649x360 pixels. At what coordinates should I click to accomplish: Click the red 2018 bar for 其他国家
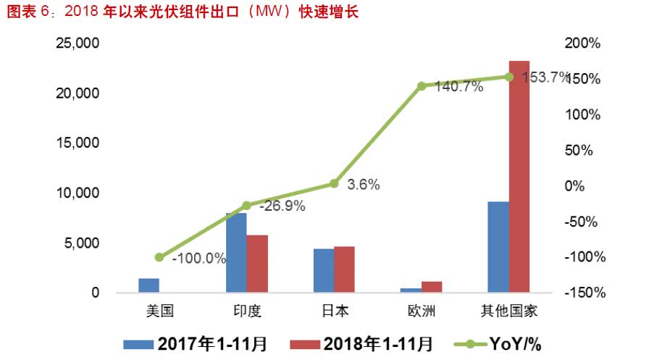tap(519, 177)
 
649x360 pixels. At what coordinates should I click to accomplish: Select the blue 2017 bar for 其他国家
tap(498, 247)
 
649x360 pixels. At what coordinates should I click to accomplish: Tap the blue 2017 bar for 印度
tap(237, 253)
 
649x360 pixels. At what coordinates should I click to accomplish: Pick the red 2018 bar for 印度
tap(257, 264)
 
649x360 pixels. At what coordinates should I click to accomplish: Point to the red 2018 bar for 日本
tap(345, 269)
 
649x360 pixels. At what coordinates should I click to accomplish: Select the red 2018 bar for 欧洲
tap(432, 287)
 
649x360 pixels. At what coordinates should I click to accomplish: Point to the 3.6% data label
tap(364, 184)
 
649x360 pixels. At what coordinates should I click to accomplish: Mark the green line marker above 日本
tap(334, 184)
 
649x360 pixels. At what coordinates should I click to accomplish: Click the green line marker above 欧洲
tap(422, 86)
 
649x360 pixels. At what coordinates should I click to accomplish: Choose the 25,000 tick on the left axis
tap(78, 43)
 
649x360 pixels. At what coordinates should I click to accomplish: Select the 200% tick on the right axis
tap(585, 43)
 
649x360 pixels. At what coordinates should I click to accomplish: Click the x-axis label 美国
tap(159, 311)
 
